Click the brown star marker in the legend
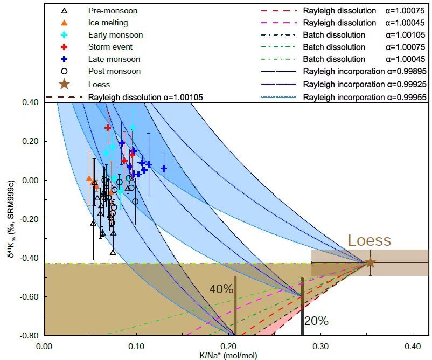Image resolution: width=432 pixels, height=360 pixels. pos(64,84)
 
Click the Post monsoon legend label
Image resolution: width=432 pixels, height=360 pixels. pos(114,71)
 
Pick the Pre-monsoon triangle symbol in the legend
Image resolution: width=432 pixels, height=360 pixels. pos(64,11)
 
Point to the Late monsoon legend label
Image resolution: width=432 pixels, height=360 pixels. pos(114,59)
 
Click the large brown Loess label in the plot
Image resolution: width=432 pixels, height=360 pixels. pos(370,240)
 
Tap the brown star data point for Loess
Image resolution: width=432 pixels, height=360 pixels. pos(370,262)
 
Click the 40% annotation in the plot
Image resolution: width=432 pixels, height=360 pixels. pos(221,289)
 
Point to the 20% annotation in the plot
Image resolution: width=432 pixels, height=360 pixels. pos(317,321)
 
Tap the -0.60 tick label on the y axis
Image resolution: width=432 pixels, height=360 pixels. pos(31,296)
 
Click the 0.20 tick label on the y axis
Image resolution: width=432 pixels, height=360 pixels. pos(33,141)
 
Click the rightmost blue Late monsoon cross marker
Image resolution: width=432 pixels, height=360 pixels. pos(164,168)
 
